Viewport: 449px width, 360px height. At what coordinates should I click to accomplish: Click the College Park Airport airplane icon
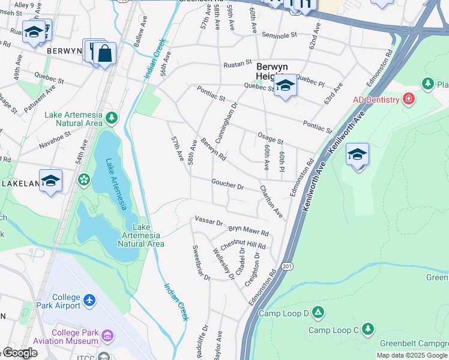[89, 299]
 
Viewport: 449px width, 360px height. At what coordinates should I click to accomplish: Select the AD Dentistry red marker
[409, 98]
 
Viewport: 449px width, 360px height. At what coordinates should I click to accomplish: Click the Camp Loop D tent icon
[318, 313]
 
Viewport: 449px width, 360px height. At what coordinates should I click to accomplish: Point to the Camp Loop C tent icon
[367, 329]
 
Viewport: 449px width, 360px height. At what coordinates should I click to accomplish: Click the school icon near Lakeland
[50, 180]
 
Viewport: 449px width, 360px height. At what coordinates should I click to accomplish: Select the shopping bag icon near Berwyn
[104, 53]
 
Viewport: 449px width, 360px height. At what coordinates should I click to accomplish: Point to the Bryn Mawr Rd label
[249, 230]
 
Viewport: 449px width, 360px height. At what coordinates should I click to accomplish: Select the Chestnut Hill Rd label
[243, 245]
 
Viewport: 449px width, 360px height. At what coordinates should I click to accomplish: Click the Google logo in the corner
[20, 353]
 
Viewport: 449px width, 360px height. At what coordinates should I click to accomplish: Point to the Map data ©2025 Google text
[412, 355]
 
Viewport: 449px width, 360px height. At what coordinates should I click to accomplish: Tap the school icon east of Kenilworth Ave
[357, 155]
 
